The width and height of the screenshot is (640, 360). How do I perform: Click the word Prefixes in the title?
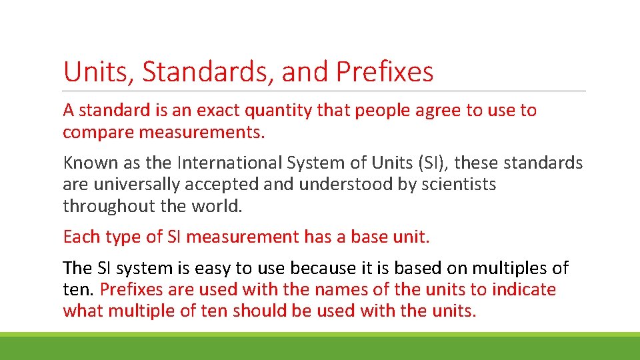(x=385, y=72)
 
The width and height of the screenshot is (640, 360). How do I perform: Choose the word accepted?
(x=216, y=185)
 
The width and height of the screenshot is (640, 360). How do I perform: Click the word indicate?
(x=523, y=290)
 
